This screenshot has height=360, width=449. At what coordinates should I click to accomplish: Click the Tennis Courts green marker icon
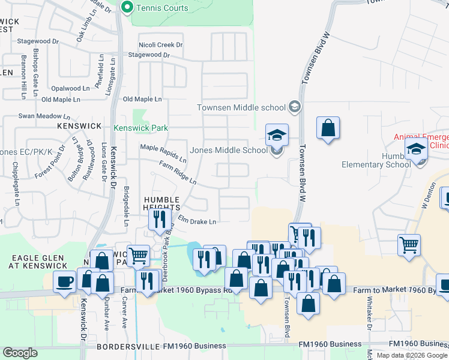pyautogui.click(x=127, y=8)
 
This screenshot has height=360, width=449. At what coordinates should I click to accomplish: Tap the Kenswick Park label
pyautogui.click(x=141, y=128)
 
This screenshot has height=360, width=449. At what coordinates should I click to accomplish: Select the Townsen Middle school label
pyautogui.click(x=241, y=108)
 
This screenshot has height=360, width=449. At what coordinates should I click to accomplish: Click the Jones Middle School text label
pyautogui.click(x=229, y=150)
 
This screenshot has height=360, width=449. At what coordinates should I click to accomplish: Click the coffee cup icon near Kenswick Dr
pyautogui.click(x=64, y=281)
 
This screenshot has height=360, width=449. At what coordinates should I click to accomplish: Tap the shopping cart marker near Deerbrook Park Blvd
pyautogui.click(x=138, y=255)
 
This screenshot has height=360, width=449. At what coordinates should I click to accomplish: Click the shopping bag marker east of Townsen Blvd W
pyautogui.click(x=328, y=127)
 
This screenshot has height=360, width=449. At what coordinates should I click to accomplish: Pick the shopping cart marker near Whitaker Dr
pyautogui.click(x=409, y=244)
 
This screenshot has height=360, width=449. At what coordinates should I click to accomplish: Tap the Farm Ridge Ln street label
pyautogui.click(x=178, y=172)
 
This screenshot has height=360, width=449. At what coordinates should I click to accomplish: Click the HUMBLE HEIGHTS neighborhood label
pyautogui.click(x=161, y=203)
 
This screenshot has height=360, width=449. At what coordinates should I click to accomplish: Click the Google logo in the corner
pyautogui.click(x=20, y=353)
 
